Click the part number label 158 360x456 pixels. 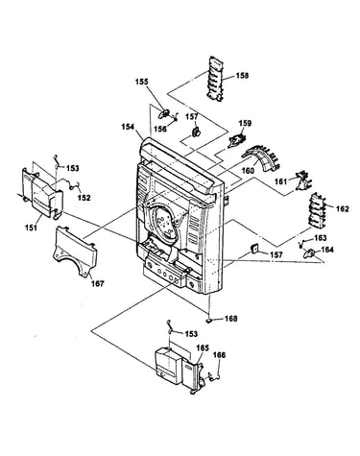(x=242, y=76)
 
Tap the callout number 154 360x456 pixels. (x=128, y=127)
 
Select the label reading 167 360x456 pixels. (x=98, y=283)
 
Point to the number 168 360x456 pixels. (x=231, y=319)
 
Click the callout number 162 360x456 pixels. (x=342, y=209)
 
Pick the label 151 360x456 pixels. (x=32, y=228)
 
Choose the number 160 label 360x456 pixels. (x=248, y=170)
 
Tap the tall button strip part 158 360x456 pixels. (x=217, y=79)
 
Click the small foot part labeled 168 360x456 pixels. (x=209, y=320)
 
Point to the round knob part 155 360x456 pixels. (x=165, y=113)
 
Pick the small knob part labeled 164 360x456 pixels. (x=308, y=253)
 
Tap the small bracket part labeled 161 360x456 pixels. (x=301, y=180)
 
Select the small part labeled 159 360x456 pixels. (x=237, y=140)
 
